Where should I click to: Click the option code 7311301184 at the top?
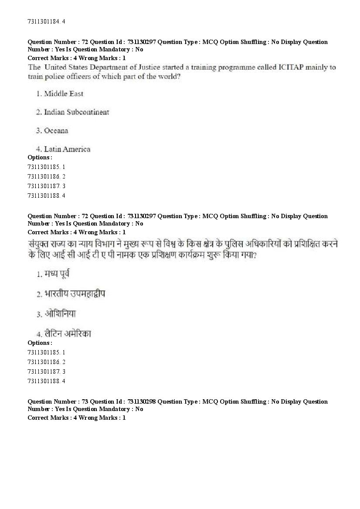(44, 21)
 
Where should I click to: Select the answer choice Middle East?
(64, 94)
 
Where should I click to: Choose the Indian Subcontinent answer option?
(76, 112)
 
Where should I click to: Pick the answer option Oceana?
(56, 131)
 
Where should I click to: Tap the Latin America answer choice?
(67, 149)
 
